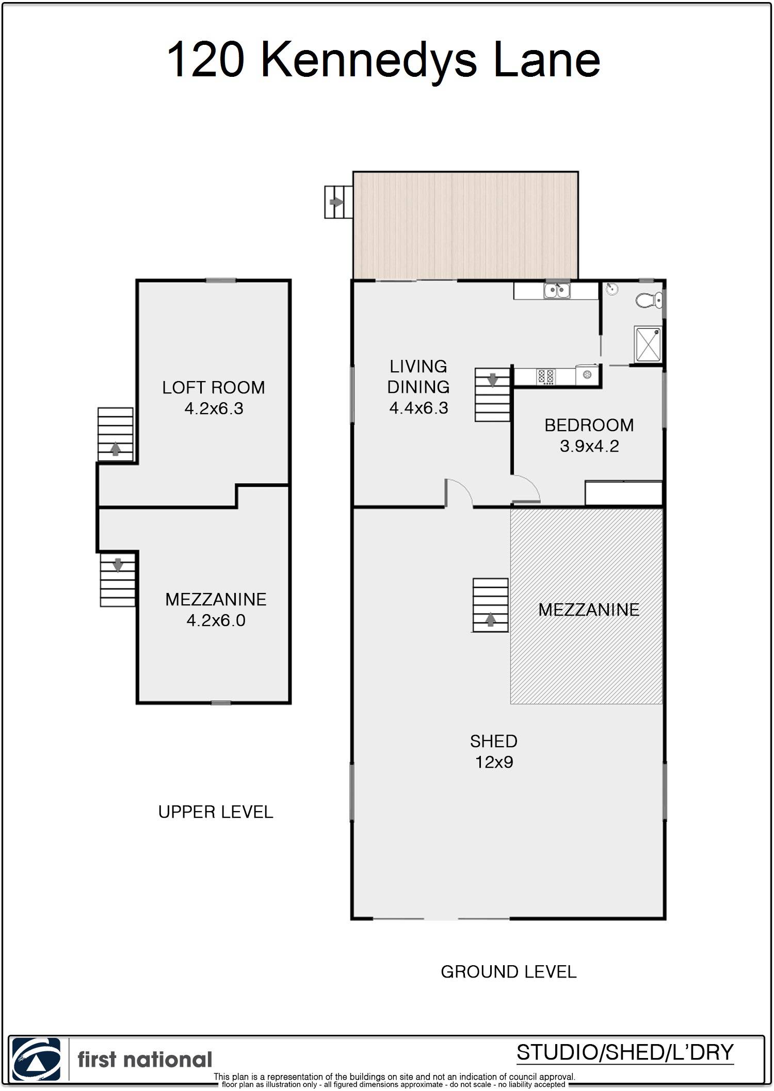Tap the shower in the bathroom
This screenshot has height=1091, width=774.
pyautogui.click(x=648, y=344)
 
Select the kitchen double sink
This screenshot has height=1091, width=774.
pyautogui.click(x=557, y=291)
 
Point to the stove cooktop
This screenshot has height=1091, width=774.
pyautogui.click(x=546, y=376)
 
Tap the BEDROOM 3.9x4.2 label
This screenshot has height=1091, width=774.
pyautogui.click(x=589, y=435)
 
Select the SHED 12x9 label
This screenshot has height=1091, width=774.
pyautogui.click(x=494, y=751)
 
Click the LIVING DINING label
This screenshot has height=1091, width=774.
pyautogui.click(x=418, y=387)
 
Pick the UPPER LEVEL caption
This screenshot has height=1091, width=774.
pyautogui.click(x=216, y=812)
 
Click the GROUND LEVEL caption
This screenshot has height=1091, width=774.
pyautogui.click(x=508, y=972)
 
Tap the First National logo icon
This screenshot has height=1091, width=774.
pyautogui.click(x=36, y=1059)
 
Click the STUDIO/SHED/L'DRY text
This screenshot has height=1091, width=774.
pyautogui.click(x=625, y=1052)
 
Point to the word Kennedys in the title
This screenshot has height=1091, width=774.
pyautogui.click(x=369, y=60)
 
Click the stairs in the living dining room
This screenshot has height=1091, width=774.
pyautogui.click(x=492, y=395)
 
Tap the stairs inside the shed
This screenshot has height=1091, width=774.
pyautogui.click(x=490, y=605)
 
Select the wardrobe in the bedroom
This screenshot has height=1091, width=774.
pyautogui.click(x=623, y=493)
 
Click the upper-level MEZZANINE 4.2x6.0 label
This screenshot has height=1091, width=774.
pyautogui.click(x=216, y=609)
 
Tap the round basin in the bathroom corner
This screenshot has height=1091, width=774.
pyautogui.click(x=611, y=289)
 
